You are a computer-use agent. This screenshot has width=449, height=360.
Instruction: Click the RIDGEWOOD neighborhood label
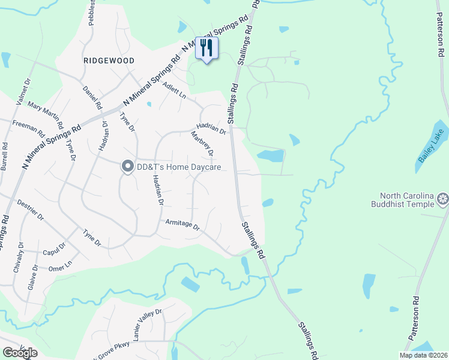pos(109,61)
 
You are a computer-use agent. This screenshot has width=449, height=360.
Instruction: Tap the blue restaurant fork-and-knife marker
pos(206,48)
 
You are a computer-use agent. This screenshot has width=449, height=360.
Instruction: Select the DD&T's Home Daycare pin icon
pos(127,167)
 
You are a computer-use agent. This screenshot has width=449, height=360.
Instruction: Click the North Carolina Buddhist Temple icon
pos(443,199)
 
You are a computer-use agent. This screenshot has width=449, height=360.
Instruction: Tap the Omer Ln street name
pos(59,267)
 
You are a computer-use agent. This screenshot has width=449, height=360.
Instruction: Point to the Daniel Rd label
pos(92,98)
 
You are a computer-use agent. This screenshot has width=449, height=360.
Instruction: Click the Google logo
pos(20,353)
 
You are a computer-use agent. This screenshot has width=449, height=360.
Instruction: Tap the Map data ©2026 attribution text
pos(423,355)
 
